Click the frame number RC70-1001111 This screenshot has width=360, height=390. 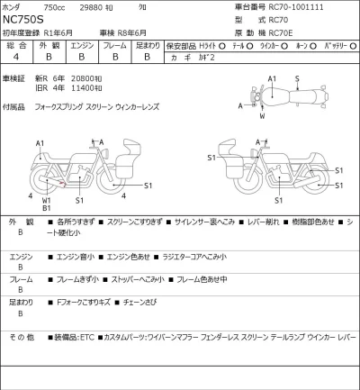[284, 8]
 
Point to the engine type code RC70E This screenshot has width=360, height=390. [267, 32]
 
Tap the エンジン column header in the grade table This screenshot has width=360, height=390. [81, 43]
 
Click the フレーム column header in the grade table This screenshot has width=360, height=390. [114, 43]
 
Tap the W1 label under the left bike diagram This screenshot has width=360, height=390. [46, 200]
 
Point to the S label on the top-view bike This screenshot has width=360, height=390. [297, 79]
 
